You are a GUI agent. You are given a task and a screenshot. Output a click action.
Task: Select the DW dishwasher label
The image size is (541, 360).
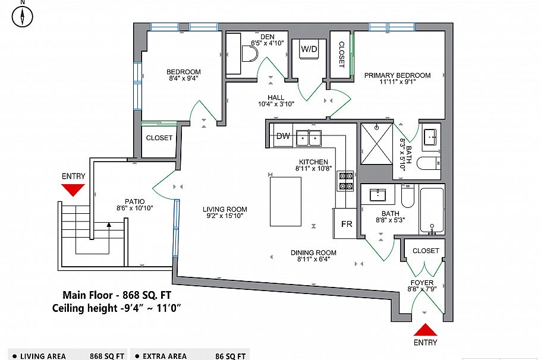tap(284, 136)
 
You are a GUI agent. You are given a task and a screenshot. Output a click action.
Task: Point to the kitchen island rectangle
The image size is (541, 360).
tap(285, 201)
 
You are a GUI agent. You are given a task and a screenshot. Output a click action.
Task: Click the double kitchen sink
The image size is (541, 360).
tap(309, 138)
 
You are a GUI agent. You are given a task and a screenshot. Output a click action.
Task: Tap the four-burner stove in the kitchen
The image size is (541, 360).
tap(345, 181)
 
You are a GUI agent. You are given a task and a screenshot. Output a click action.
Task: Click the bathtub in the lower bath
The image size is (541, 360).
tap(432, 210)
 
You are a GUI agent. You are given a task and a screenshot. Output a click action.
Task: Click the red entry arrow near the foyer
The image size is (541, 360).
tap(426, 330)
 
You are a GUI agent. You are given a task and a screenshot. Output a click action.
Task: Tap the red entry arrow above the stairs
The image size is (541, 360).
tap(73, 190)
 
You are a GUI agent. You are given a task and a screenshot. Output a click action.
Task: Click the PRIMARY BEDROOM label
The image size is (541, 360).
tap(397, 75)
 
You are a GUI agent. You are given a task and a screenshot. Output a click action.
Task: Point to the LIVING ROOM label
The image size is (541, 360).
tap(225, 209)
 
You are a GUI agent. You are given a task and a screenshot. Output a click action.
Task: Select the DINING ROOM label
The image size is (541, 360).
tap(313, 252)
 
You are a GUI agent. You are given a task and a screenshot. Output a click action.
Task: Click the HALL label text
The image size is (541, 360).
tap(276, 97)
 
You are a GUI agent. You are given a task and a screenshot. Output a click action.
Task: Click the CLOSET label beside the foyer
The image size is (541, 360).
tap(425, 251)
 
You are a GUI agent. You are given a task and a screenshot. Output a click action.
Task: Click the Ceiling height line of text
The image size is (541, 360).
tap(117, 307)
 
